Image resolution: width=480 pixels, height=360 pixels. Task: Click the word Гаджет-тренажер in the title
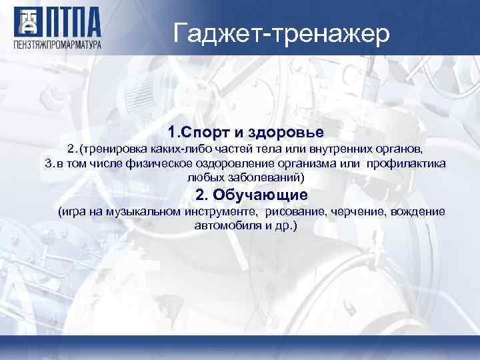coord(281,33)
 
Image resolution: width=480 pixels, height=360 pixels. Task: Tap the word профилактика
coord(407,163)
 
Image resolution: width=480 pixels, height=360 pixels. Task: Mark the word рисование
coord(296,211)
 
